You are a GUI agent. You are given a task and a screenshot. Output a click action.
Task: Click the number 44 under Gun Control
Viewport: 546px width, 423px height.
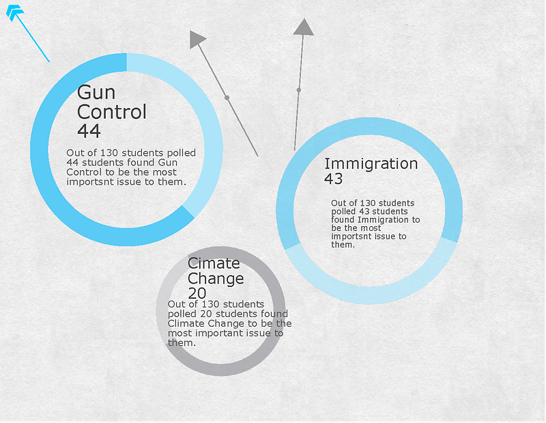click(89, 131)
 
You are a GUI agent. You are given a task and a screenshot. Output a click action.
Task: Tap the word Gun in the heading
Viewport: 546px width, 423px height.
click(96, 92)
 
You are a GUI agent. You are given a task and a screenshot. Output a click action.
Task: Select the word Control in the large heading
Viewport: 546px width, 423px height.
click(112, 111)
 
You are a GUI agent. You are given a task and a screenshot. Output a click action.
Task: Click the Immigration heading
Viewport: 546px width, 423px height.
click(371, 163)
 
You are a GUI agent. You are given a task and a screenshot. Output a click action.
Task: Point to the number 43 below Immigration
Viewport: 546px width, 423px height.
click(334, 179)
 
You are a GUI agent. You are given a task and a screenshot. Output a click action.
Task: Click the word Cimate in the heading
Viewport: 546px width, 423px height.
click(214, 263)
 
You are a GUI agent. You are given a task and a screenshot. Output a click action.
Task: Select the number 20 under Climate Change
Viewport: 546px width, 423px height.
click(197, 293)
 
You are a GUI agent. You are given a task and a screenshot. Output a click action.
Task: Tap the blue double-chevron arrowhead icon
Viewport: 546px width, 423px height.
click(14, 12)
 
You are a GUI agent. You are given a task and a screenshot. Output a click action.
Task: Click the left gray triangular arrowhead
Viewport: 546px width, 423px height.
click(197, 39)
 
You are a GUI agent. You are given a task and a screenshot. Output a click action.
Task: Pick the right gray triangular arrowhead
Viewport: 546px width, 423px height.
click(303, 27)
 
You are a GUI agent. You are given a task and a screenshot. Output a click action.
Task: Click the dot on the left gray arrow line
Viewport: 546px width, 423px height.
click(227, 98)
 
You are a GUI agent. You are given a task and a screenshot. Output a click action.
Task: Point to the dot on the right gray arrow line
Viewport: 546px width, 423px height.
click(299, 90)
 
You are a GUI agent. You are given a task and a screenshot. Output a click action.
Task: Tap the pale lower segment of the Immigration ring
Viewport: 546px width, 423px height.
click(369, 290)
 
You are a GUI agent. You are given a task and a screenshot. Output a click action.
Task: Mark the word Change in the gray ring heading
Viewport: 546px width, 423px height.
click(216, 279)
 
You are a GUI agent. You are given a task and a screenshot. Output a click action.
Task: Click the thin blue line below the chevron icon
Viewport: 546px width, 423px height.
click(33, 40)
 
